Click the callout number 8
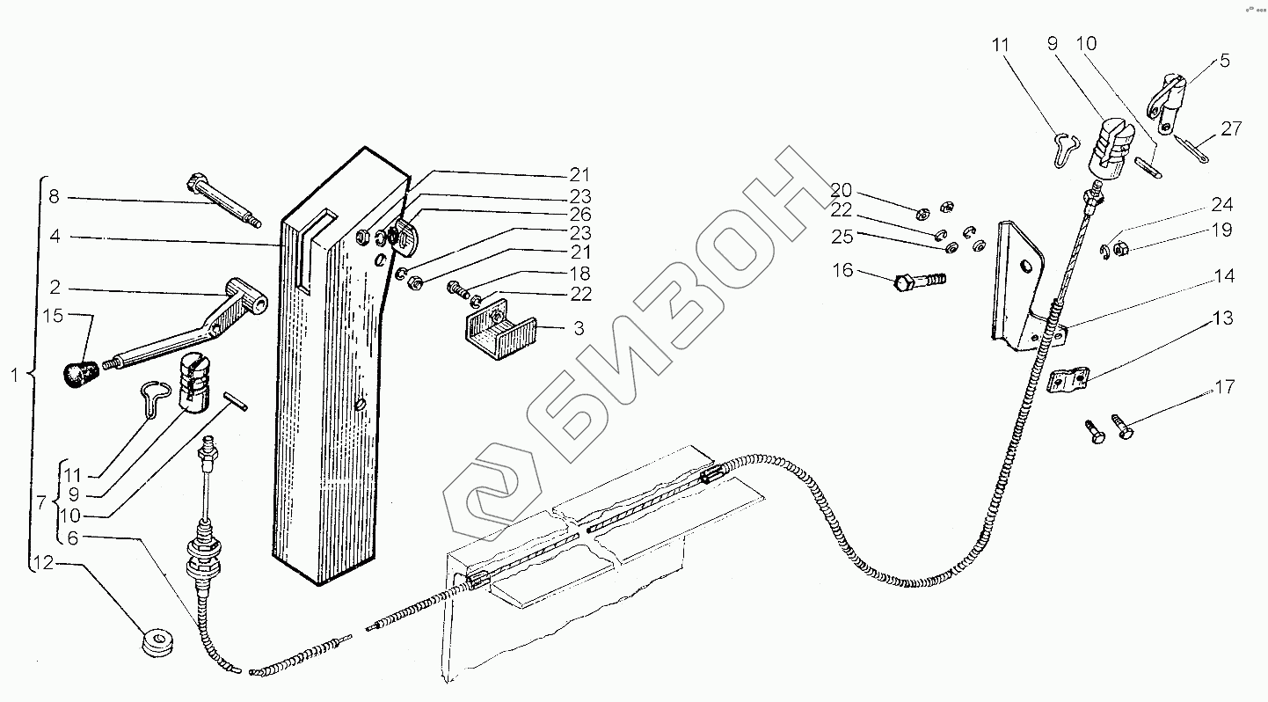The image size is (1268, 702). click(54, 197)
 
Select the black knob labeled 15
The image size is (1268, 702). click(80, 372)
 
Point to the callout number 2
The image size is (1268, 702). click(54, 287)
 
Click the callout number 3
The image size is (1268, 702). click(578, 329)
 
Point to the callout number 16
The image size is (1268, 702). click(842, 270)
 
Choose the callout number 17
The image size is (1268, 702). click(1224, 387)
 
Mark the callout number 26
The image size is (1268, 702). click(579, 214)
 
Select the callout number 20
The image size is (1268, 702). click(842, 191)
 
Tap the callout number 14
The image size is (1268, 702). click(1223, 277)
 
